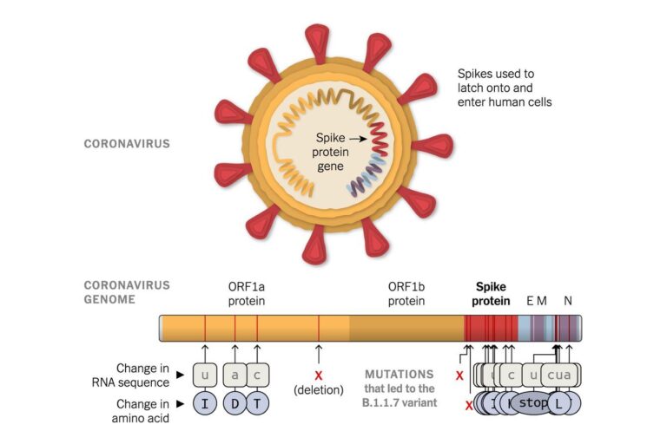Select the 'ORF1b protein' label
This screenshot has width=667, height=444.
click(406, 294)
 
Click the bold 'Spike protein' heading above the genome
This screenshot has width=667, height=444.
click(490, 294)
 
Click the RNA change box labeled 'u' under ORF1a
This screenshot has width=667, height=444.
click(205, 375)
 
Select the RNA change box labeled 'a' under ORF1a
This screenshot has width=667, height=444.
click(234, 375)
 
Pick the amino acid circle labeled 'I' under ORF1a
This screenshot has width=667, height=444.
click(205, 403)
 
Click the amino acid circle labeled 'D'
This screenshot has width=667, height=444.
click(234, 403)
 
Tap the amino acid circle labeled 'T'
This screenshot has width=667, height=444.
click(258, 403)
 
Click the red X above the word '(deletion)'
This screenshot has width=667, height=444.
click(319, 375)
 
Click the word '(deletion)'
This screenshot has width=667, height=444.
click(319, 389)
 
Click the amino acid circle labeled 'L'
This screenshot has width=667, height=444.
click(561, 403)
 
